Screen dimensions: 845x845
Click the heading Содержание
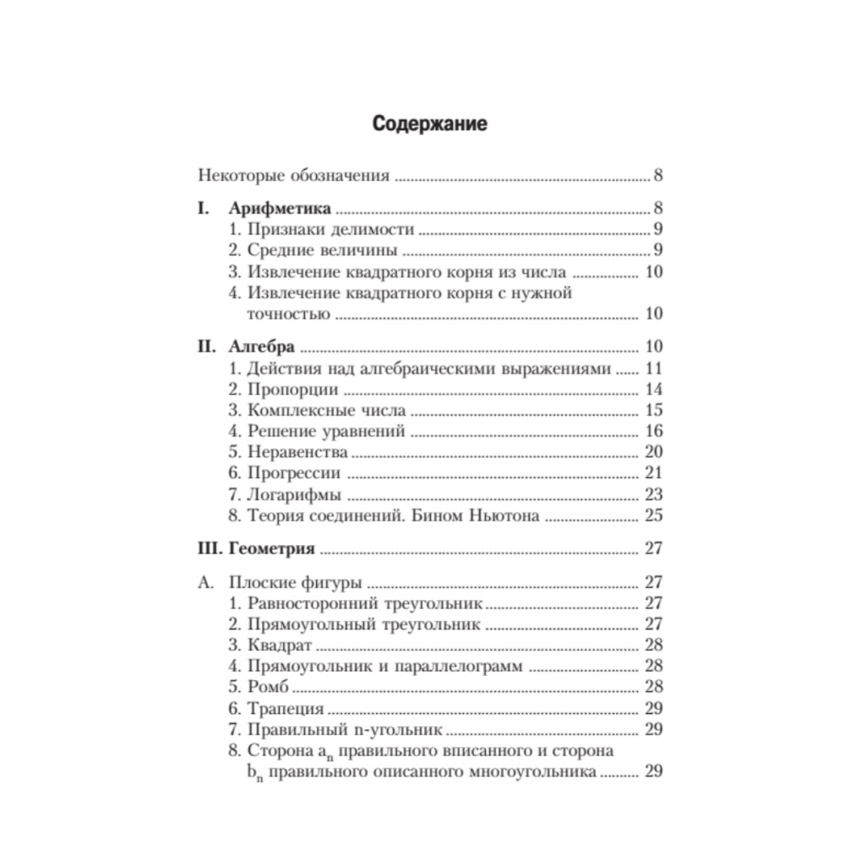coord(429,123)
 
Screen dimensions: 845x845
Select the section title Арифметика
coord(280,208)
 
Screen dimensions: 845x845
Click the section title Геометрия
coord(270,548)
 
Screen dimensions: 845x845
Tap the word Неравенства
coord(297,452)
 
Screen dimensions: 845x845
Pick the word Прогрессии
coord(295,473)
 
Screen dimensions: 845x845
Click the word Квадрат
coord(280,646)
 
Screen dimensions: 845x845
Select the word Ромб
coord(269,687)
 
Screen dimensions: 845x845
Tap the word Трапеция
coord(286,708)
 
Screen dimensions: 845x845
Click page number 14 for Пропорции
coord(653,390)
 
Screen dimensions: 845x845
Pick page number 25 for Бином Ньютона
coord(653,515)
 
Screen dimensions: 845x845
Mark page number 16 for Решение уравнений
coord(653,432)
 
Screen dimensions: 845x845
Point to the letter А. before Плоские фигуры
coord(204,582)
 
